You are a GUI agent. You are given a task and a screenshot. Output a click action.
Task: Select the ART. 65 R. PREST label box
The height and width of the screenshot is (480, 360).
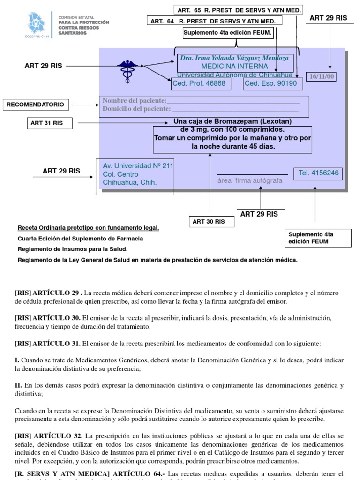pos(239,10)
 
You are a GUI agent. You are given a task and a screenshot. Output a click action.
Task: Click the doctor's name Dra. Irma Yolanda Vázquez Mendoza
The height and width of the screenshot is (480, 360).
pos(234,58)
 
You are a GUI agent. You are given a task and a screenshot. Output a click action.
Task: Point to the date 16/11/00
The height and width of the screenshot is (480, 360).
pos(321,76)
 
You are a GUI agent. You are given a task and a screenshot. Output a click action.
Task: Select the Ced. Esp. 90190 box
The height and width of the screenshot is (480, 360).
pos(271,83)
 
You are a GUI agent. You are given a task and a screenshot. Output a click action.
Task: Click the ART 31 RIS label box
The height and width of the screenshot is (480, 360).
pos(47,123)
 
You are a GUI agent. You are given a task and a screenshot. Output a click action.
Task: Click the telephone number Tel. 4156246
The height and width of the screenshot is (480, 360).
pos(318,173)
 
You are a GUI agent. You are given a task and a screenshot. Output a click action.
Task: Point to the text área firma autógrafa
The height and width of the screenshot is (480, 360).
pos(250,180)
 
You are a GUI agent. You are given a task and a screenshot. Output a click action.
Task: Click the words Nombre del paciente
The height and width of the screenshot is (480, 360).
pos(135,101)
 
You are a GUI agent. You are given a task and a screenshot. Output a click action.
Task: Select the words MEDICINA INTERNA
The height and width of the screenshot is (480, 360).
pos(234,67)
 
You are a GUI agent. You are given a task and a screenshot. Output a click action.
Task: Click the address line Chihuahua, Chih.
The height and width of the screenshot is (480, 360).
pos(129,182)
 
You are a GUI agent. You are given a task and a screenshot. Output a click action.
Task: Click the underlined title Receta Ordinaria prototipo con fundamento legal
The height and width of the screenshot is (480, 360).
pos(89,228)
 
